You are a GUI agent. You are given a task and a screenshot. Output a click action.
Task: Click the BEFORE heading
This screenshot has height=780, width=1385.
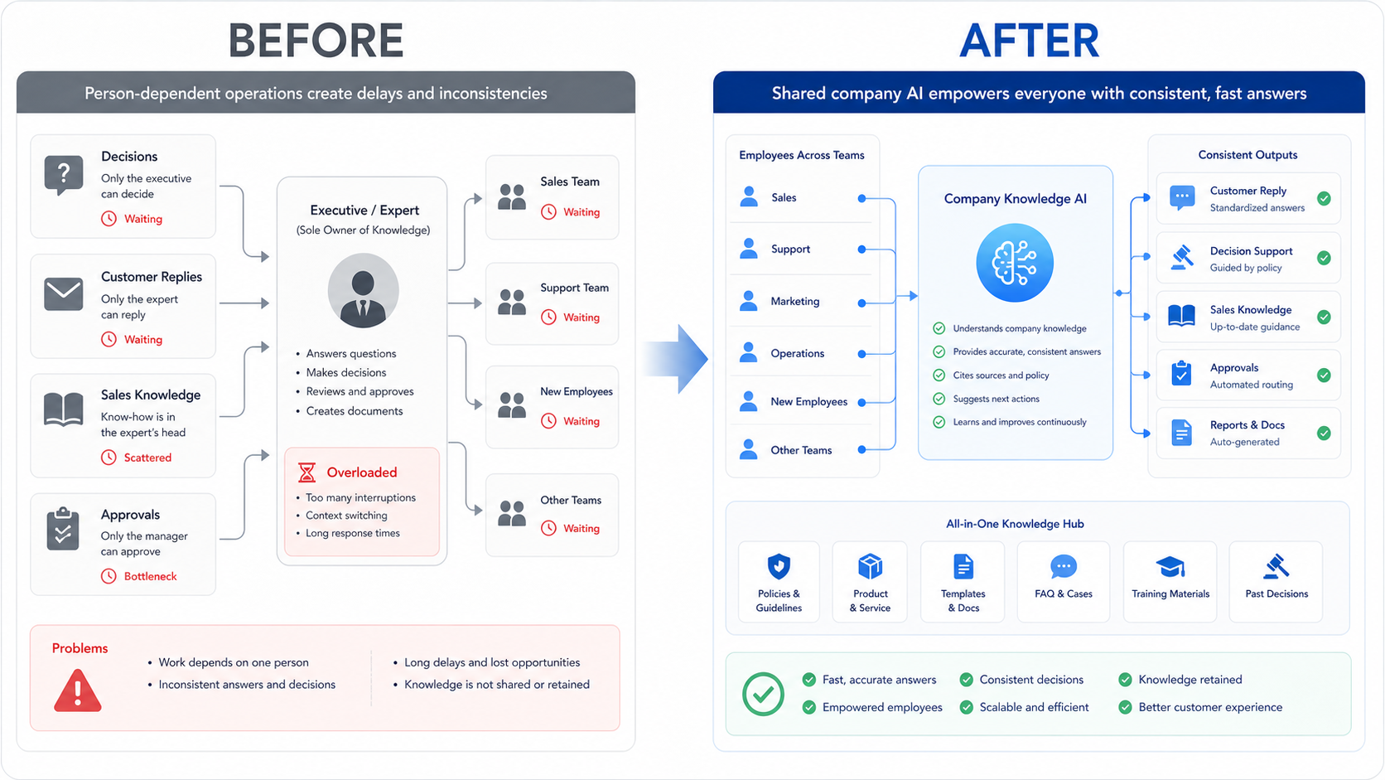click(316, 41)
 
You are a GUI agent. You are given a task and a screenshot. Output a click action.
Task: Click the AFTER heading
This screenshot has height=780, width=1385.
click(1030, 41)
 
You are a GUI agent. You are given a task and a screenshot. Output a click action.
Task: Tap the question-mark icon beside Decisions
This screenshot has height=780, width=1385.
click(64, 174)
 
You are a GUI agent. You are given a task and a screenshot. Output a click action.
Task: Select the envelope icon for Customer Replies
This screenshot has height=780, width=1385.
click(64, 293)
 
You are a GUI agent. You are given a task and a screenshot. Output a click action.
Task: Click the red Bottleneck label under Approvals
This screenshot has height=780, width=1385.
click(150, 576)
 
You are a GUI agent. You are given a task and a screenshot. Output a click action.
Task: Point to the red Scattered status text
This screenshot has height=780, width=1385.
click(147, 458)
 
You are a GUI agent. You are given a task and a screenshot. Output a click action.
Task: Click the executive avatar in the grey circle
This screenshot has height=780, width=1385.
click(363, 290)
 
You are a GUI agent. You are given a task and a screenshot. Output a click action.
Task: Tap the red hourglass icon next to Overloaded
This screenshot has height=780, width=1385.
click(306, 472)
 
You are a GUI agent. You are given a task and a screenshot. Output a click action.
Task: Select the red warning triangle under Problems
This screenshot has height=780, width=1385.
click(77, 690)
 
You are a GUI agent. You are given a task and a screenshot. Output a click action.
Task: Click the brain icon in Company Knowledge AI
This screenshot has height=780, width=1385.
click(1015, 263)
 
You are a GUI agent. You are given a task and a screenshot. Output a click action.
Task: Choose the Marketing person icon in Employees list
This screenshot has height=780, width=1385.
click(749, 301)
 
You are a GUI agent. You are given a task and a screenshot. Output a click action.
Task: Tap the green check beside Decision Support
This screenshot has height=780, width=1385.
click(1324, 258)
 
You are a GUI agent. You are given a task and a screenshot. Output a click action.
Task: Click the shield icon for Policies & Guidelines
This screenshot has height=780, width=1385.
click(779, 566)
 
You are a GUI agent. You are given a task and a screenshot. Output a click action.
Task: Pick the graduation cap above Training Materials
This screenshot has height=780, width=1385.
click(1170, 567)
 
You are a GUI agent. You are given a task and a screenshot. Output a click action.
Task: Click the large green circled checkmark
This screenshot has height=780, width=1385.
click(763, 694)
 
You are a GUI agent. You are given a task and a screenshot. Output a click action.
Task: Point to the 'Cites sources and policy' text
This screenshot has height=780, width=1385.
click(1001, 375)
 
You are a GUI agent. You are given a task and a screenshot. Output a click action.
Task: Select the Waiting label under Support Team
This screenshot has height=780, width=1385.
click(582, 317)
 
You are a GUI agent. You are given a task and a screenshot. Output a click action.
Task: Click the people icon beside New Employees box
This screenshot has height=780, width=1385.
click(512, 405)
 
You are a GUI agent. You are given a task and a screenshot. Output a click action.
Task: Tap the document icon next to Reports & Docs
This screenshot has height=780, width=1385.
click(1181, 433)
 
